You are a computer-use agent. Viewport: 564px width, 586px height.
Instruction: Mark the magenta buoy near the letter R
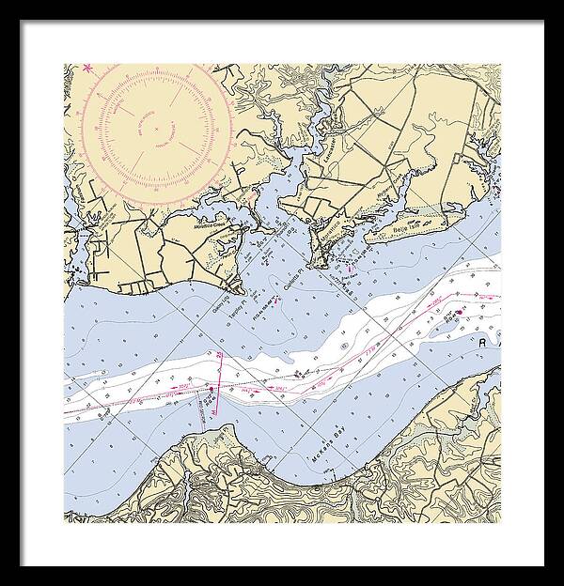pyautogui.click(x=459, y=313)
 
